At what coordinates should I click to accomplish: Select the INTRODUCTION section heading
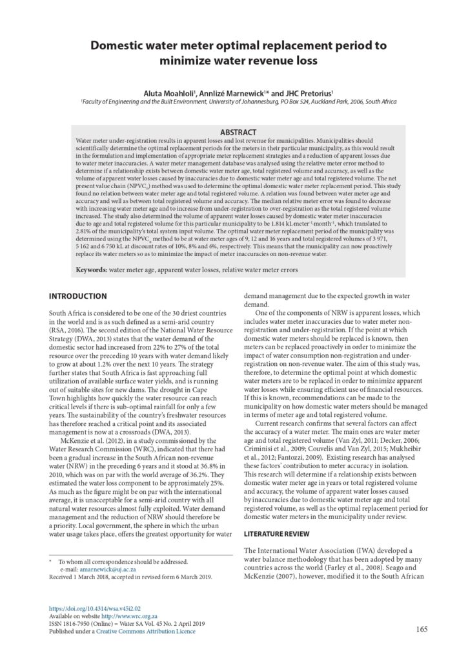78,296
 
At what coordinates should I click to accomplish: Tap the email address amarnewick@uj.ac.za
107,570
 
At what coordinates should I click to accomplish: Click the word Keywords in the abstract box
92,269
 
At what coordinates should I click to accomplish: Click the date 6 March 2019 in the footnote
194,577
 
